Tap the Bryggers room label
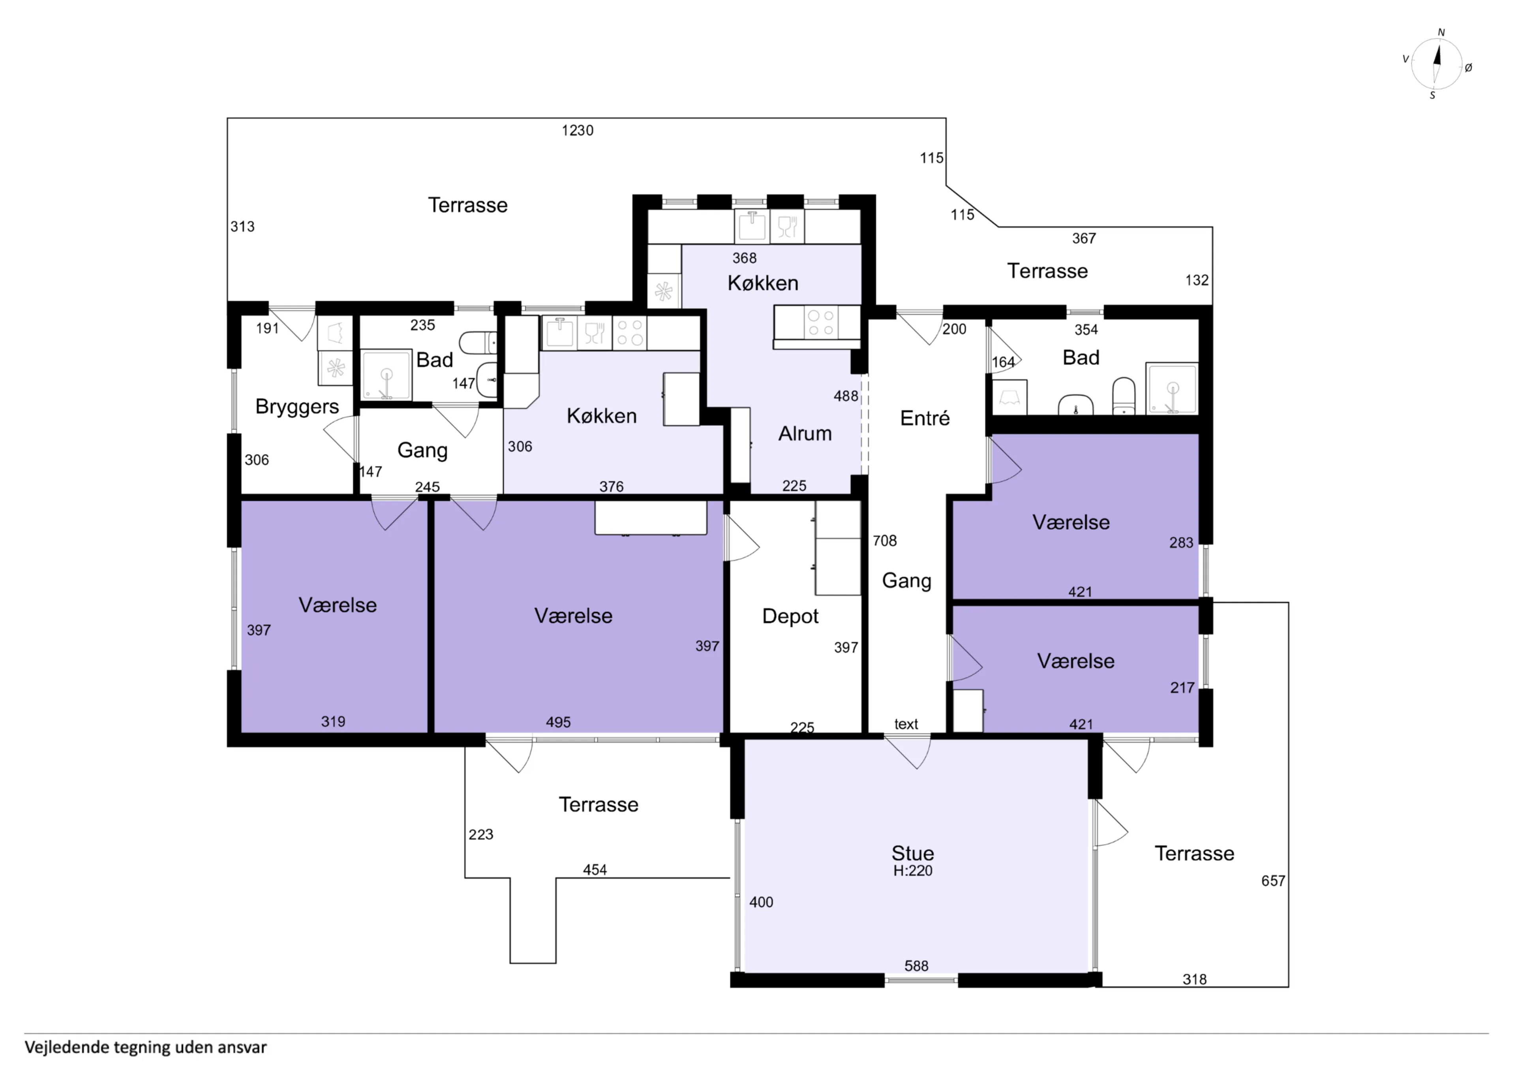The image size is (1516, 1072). (297, 407)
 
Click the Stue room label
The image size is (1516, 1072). (912, 853)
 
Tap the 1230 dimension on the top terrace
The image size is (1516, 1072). (577, 131)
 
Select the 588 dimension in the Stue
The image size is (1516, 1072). (916, 966)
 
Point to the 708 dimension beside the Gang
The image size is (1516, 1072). (885, 541)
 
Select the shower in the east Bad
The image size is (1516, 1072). (1171, 388)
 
